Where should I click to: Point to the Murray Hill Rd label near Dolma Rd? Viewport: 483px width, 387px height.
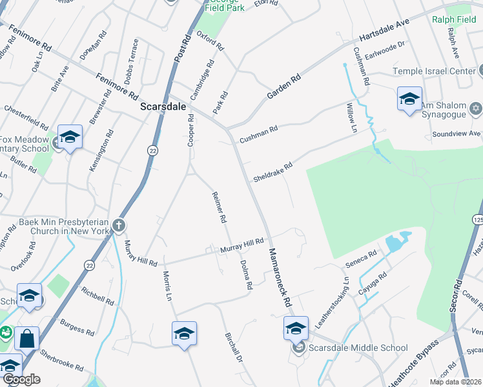tap(242, 245)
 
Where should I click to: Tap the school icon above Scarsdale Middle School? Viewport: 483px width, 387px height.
tap(296, 329)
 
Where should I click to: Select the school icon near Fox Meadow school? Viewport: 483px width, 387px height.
tap(70, 137)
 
